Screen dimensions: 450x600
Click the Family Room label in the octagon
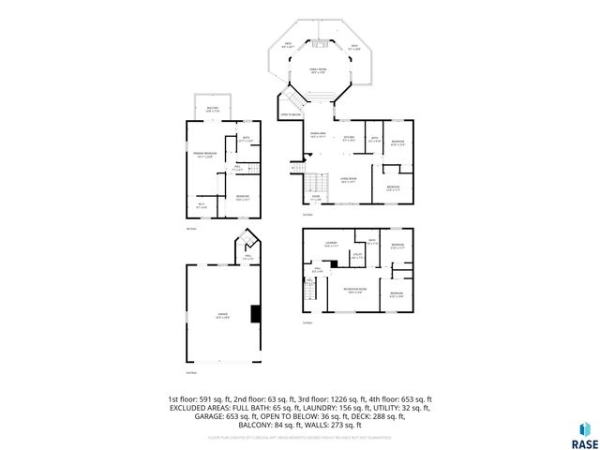[318, 70]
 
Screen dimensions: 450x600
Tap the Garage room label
[223, 316]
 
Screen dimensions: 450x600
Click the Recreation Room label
[353, 291]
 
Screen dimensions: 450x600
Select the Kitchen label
[348, 139]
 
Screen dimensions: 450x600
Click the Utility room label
[357, 254]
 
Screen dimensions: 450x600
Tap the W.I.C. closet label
[202, 204]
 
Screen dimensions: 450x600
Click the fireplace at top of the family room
[319, 42]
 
